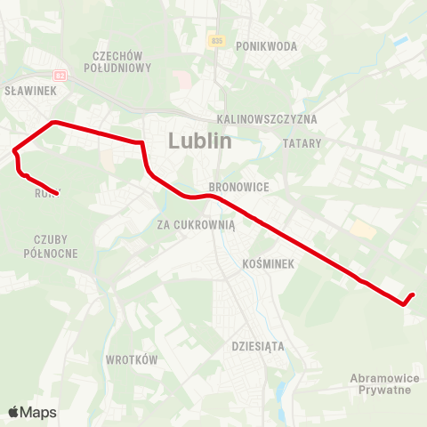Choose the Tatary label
(x=301, y=142)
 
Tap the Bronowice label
(x=233, y=187)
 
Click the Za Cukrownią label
(x=196, y=224)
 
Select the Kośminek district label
(x=267, y=264)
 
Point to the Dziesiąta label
(x=258, y=345)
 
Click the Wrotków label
(x=132, y=360)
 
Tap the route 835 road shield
(x=216, y=41)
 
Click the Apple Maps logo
(x=33, y=412)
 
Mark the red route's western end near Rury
(x=57, y=193)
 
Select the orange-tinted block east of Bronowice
(x=362, y=230)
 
